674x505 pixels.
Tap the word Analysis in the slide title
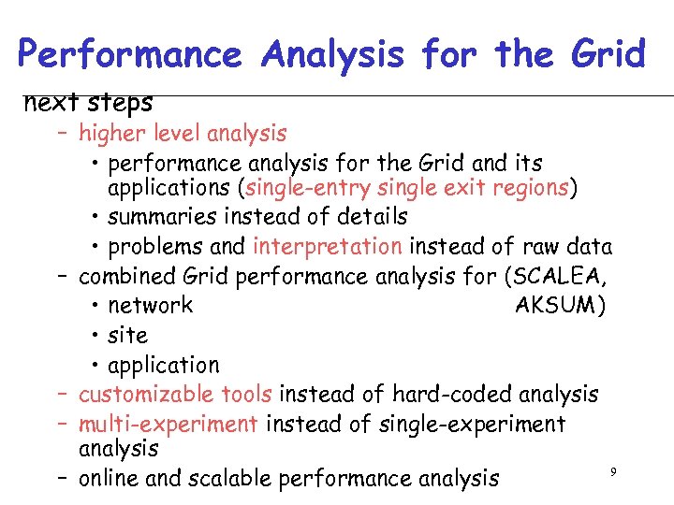pyautogui.click(x=334, y=54)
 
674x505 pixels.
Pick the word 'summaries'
pyautogui.click(x=155, y=217)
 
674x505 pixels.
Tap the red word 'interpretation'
pyautogui.click(x=328, y=247)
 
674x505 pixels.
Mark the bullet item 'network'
pyautogui.click(x=150, y=305)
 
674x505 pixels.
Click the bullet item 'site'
pyautogui.click(x=127, y=335)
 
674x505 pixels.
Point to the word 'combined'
pyautogui.click(x=125, y=277)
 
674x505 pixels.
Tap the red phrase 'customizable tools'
pyautogui.click(x=175, y=395)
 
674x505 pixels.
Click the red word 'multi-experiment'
pyautogui.click(x=168, y=424)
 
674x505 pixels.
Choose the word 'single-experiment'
pyautogui.click(x=472, y=424)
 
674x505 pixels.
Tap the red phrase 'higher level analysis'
pyautogui.click(x=183, y=134)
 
